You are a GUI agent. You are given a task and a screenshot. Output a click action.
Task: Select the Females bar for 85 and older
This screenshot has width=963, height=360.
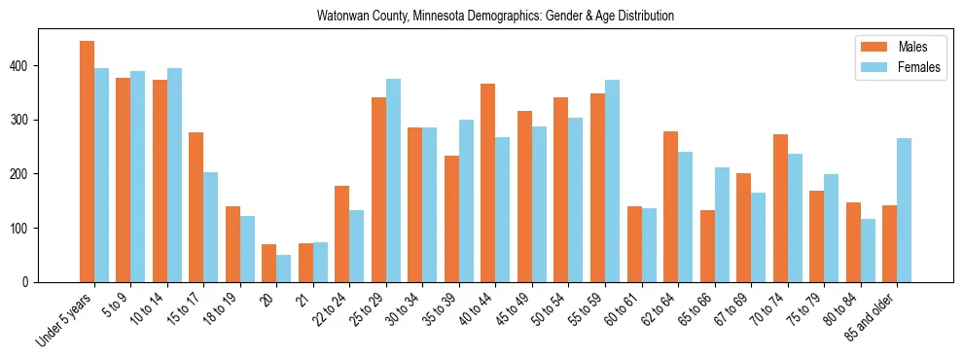(905, 210)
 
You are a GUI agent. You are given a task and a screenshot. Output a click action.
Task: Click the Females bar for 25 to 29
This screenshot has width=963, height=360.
(393, 181)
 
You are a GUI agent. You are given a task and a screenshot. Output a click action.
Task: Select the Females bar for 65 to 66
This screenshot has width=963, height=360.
(722, 225)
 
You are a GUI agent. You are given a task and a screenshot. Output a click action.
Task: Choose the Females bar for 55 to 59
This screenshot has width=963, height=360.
(612, 181)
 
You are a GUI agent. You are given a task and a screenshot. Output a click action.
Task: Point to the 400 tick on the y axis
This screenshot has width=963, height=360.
(38, 66)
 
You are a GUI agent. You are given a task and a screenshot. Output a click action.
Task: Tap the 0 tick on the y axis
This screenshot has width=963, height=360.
(38, 282)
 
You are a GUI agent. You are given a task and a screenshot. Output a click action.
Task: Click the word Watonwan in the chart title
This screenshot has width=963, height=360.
(339, 17)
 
